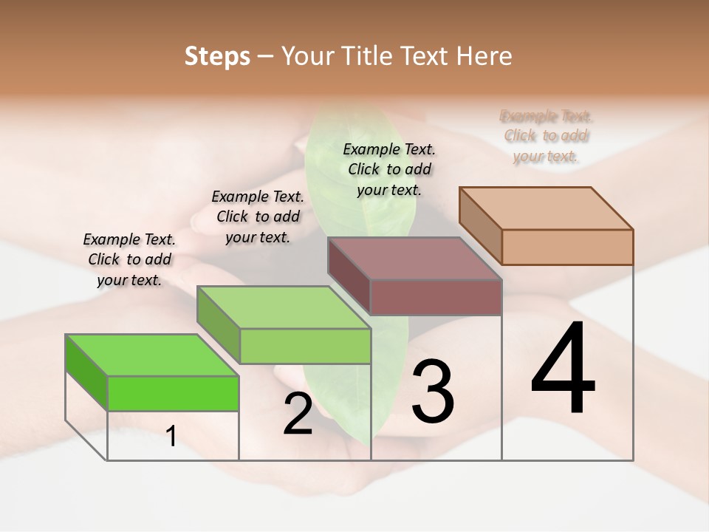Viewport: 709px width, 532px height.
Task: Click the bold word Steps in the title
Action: click(x=217, y=56)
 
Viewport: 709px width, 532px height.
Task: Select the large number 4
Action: click(x=563, y=369)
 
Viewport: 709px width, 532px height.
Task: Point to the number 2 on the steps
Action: click(x=298, y=414)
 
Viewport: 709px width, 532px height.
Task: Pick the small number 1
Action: click(x=171, y=437)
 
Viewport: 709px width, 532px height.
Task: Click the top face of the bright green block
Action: click(x=151, y=355)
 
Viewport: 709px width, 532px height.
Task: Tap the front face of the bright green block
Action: click(x=173, y=393)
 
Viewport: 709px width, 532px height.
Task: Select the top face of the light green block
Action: click(x=284, y=307)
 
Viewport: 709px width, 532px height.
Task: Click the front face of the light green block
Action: click(x=305, y=346)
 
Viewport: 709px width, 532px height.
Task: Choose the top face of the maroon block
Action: click(x=415, y=258)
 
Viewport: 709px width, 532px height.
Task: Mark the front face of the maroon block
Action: click(x=436, y=297)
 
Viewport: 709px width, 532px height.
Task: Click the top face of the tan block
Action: click(x=547, y=208)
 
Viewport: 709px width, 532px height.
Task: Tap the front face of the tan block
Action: click(x=567, y=247)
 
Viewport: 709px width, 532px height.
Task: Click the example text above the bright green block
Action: click(x=129, y=259)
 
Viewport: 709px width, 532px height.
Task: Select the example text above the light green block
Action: click(x=258, y=216)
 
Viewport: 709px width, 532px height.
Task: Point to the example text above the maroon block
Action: click(x=389, y=169)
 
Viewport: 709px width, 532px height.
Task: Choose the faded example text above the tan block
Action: click(x=547, y=136)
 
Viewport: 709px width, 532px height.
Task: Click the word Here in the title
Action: click(x=485, y=56)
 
